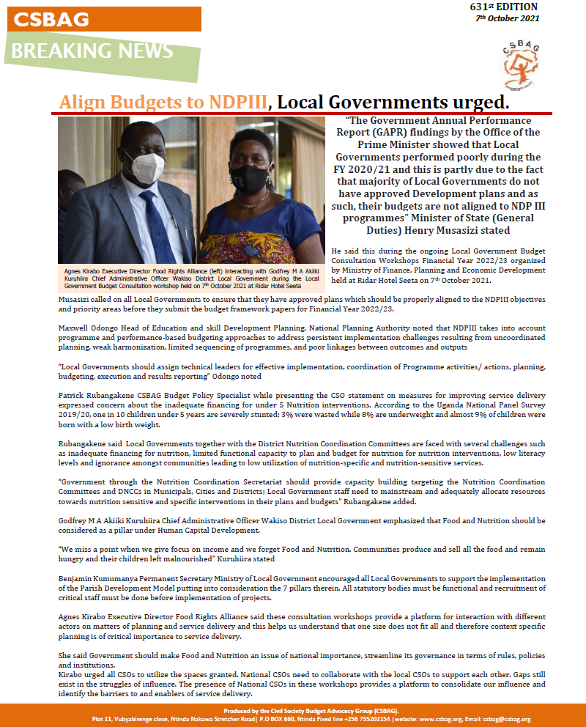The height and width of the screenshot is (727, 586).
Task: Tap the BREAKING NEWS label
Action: pos(92,51)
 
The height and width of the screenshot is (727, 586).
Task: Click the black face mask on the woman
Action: pos(251,178)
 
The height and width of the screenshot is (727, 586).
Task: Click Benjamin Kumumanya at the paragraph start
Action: pos(99,578)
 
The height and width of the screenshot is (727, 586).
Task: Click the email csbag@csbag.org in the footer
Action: pos(505,719)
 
